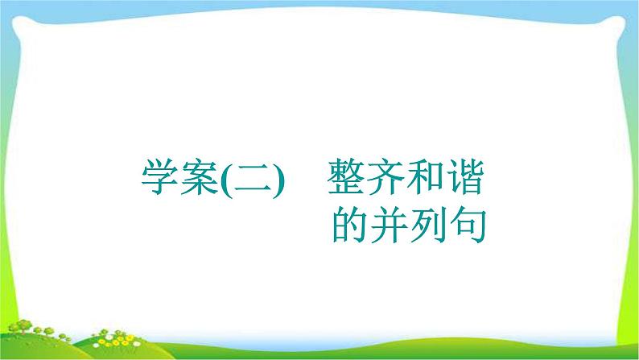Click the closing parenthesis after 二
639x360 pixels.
(x=278, y=180)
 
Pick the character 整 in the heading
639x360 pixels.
(x=345, y=177)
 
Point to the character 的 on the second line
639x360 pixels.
(x=350, y=225)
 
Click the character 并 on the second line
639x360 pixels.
(x=390, y=225)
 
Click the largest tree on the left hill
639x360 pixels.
(x=23, y=326)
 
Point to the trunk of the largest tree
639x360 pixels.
(x=24, y=331)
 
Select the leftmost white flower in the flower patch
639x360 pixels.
(x=97, y=345)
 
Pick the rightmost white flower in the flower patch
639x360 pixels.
(x=137, y=344)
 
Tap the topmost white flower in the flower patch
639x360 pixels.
(x=108, y=337)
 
